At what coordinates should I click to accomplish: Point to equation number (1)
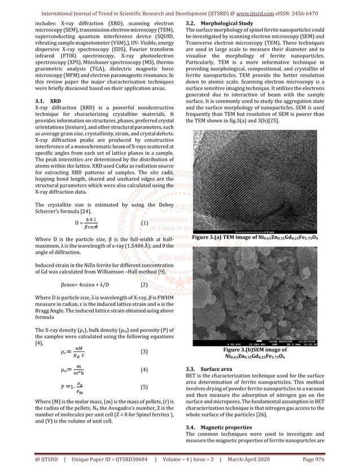coord(144,223)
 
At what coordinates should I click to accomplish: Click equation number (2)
coord(144,284)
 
